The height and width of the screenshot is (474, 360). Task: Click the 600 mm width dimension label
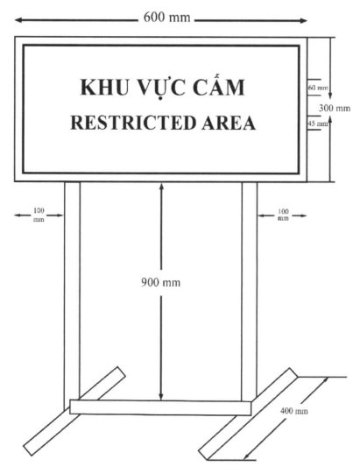166,18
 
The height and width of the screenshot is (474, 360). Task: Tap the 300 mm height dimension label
335,108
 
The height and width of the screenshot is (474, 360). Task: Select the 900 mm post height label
161,282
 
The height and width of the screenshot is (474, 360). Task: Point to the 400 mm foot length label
293,411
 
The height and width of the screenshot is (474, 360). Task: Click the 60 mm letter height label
318,88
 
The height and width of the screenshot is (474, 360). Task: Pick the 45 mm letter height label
318,124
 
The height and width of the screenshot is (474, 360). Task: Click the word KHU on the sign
102,88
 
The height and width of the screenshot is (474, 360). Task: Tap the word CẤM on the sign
218,87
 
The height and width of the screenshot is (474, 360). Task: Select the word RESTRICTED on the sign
132,123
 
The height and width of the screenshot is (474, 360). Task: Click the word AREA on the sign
229,123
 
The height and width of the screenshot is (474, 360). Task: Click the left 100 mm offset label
39,215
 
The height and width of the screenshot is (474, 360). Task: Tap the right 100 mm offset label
283,215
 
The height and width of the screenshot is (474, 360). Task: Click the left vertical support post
72,290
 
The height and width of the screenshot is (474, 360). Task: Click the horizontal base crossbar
160,407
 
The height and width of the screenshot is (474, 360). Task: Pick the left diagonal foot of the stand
74,411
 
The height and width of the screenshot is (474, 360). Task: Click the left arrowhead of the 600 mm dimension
18,20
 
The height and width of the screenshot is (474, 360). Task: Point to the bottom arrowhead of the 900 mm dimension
161,396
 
